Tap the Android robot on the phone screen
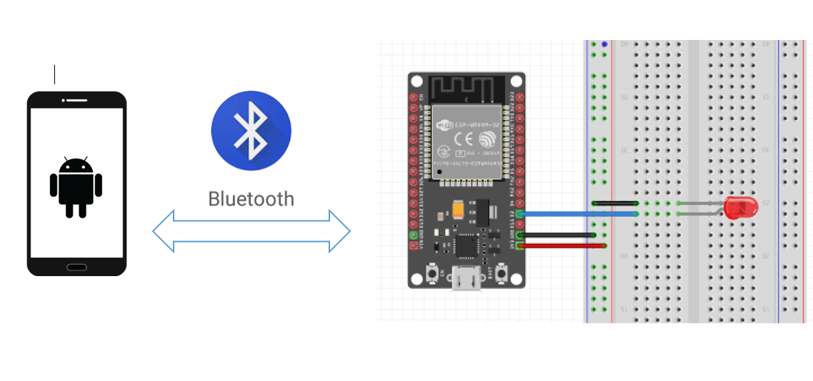[x=76, y=186]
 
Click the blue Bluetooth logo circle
[x=251, y=131]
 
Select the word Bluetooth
[x=251, y=198]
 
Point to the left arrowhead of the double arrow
[x=163, y=231]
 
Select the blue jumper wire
[x=579, y=213]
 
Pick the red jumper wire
[x=564, y=245]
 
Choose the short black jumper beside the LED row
[x=615, y=203]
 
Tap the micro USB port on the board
[x=467, y=280]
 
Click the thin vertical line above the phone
[x=55, y=74]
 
